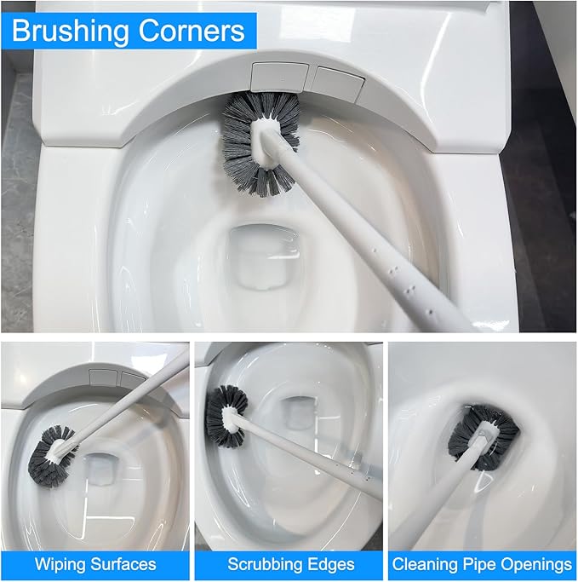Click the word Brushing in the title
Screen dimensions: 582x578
pyautogui.click(x=71, y=32)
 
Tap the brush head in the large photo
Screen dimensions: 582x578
pyautogui.click(x=260, y=141)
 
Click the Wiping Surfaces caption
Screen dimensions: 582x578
pyautogui.click(x=95, y=564)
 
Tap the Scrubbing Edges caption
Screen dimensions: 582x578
pyautogui.click(x=290, y=564)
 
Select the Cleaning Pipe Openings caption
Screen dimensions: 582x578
pyautogui.click(x=482, y=564)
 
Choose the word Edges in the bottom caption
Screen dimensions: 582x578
pyautogui.click(x=330, y=564)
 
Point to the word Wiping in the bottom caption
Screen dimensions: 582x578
pyautogui.click(x=59, y=564)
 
